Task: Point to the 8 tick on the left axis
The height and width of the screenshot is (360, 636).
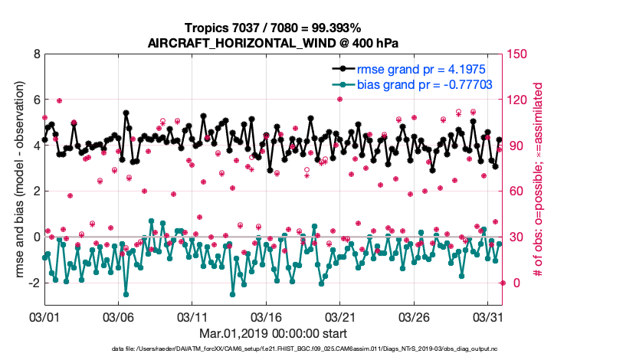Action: [36, 54]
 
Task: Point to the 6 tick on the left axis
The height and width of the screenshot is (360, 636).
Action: [36, 100]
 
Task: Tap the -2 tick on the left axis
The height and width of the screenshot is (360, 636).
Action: [33, 283]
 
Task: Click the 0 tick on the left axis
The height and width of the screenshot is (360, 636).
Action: [36, 237]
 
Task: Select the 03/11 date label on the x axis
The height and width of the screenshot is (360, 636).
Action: [192, 316]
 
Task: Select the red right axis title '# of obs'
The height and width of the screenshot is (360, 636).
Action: [539, 180]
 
